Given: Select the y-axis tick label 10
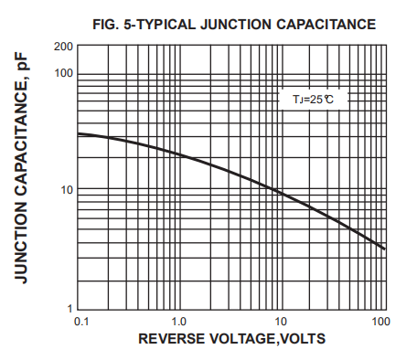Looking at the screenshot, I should tap(66, 190).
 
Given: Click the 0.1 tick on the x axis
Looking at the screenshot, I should tap(80, 321).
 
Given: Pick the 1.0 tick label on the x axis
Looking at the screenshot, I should tap(179, 321).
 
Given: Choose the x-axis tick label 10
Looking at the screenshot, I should tap(281, 321).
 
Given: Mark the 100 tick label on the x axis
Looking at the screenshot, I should tap(381, 321).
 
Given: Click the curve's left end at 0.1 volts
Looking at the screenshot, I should tap(79, 133).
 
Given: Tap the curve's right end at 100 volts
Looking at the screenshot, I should tap(385, 249).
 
